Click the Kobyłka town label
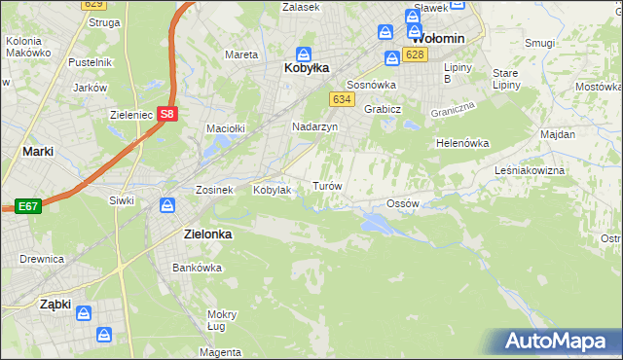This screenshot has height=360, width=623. pyautogui.click(x=305, y=68)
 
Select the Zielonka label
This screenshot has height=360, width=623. pyautogui.click(x=206, y=234)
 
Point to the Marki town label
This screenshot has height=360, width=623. pyautogui.click(x=37, y=152)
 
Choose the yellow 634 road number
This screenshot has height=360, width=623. pyautogui.click(x=341, y=99)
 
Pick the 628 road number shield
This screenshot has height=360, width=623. pyautogui.click(x=416, y=54)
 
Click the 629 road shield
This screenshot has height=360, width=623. pyautogui.click(x=93, y=5)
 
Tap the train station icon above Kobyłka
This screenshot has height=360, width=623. pyautogui.click(x=304, y=53)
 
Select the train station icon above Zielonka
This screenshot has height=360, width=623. pyautogui.click(x=166, y=205)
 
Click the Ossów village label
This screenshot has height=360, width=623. pyautogui.click(x=402, y=203)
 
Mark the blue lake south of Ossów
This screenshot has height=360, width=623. pyautogui.click(x=375, y=224)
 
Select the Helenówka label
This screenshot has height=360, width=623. pyautogui.click(x=461, y=143)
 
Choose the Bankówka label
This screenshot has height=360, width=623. pyautogui.click(x=192, y=268)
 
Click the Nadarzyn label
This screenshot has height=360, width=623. pyautogui.click(x=314, y=127)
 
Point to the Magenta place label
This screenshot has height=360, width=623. pyautogui.click(x=223, y=351)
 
